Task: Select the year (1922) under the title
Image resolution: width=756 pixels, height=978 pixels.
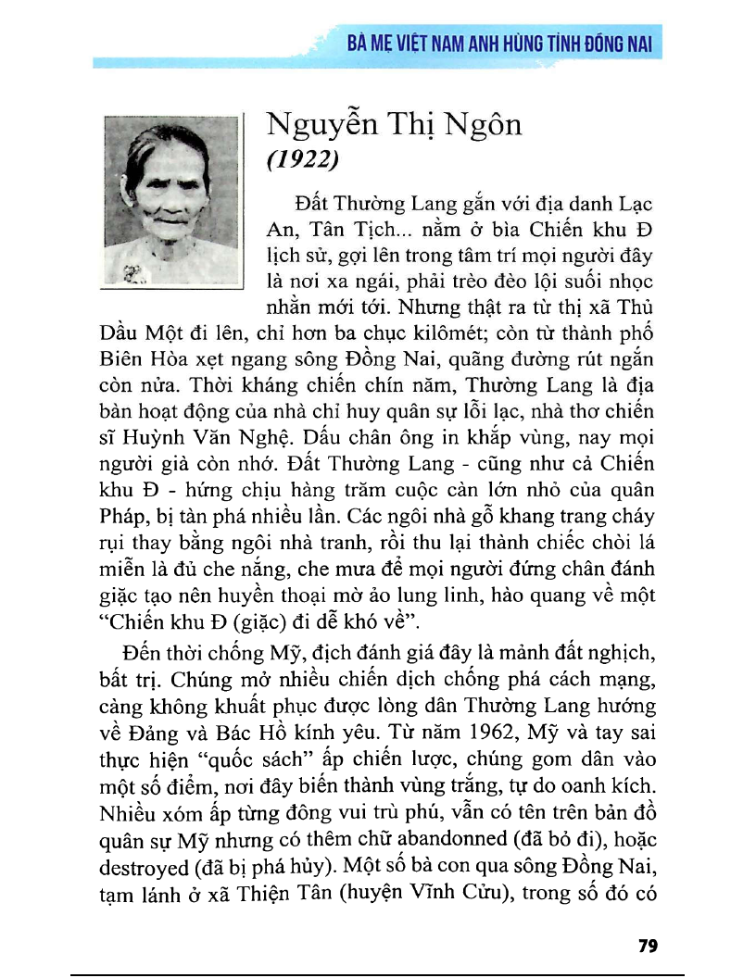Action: pyautogui.click(x=304, y=160)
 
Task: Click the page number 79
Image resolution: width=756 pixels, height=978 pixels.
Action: pyautogui.click(x=648, y=946)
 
